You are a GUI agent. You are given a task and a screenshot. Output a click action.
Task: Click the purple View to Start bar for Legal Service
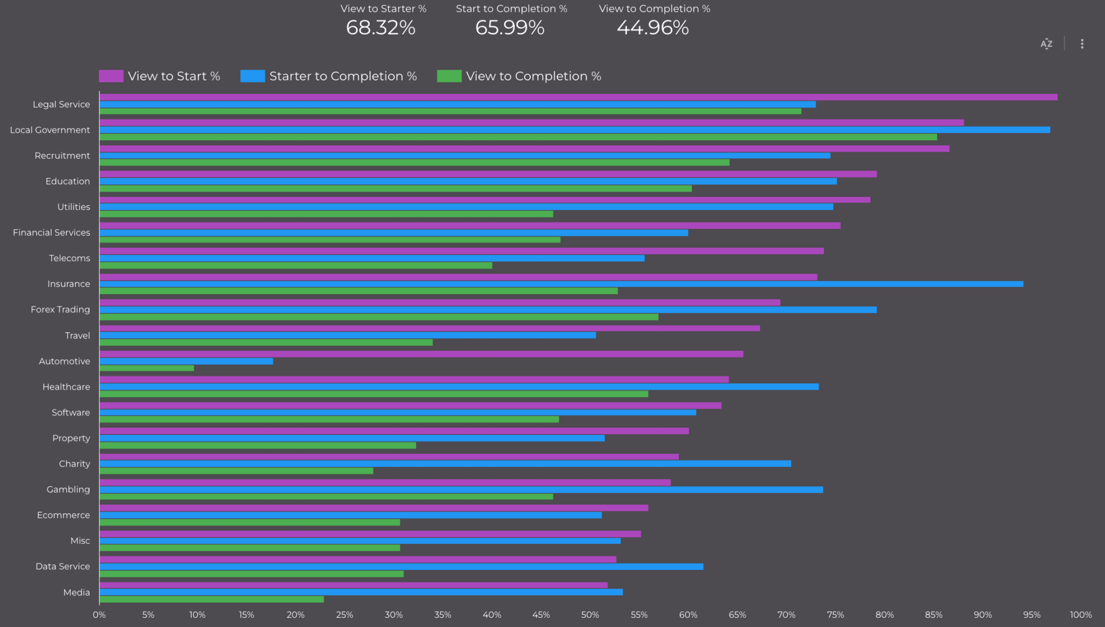tap(577, 97)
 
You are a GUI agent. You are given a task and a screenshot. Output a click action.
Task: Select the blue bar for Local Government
tap(575, 130)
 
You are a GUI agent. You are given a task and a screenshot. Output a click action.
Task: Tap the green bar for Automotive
tap(147, 369)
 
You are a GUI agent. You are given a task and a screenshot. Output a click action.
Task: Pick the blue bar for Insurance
tap(561, 284)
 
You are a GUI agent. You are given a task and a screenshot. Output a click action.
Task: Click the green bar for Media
tap(212, 599)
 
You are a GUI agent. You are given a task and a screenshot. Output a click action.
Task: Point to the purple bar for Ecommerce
tap(373, 508)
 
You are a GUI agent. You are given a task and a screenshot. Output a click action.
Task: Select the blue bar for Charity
tap(445, 464)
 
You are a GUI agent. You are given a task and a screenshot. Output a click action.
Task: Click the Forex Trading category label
tap(60, 310)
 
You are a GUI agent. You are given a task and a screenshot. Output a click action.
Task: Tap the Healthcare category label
tap(66, 387)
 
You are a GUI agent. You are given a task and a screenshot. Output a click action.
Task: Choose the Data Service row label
tap(63, 567)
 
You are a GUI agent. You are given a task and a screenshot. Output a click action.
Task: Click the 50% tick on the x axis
tap(590, 615)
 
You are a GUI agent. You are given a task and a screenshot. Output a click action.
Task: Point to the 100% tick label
tap(1081, 615)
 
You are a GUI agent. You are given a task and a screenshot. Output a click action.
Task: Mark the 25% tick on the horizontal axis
tap(344, 615)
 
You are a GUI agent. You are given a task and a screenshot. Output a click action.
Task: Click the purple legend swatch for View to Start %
tap(111, 76)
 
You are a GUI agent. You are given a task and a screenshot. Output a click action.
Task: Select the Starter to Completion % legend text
tap(343, 76)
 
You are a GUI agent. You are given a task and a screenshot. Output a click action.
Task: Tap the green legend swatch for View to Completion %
tap(449, 76)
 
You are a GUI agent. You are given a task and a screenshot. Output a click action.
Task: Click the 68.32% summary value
tap(381, 28)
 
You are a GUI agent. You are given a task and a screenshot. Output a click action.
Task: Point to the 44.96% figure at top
tap(653, 28)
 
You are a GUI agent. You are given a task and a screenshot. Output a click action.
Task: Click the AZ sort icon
tap(1046, 44)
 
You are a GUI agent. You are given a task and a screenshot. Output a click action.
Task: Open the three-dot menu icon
tap(1082, 44)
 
